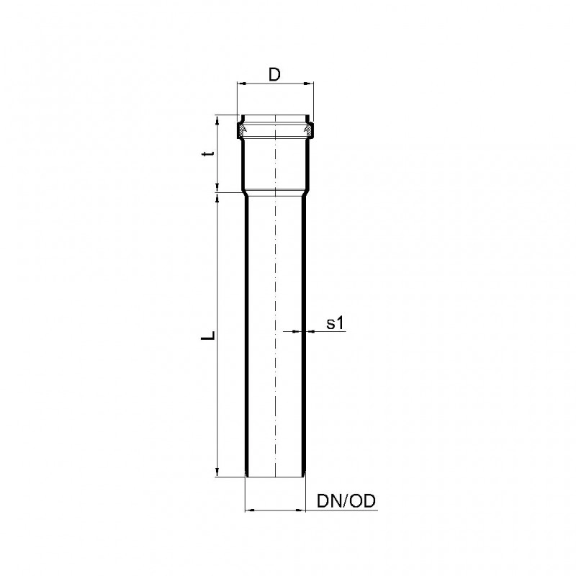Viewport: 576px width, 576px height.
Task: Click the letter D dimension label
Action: click(274, 75)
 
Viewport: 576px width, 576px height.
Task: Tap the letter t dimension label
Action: click(208, 154)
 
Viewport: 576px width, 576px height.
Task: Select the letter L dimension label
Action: click(208, 335)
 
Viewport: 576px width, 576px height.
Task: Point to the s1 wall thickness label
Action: click(335, 323)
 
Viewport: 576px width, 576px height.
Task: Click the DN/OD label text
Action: click(346, 501)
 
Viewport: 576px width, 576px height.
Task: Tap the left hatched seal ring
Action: click(243, 130)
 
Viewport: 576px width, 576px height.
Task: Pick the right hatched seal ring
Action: click(308, 130)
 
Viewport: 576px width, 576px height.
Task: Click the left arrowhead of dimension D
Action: click(243, 84)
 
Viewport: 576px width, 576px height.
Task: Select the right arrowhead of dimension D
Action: click(309, 84)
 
